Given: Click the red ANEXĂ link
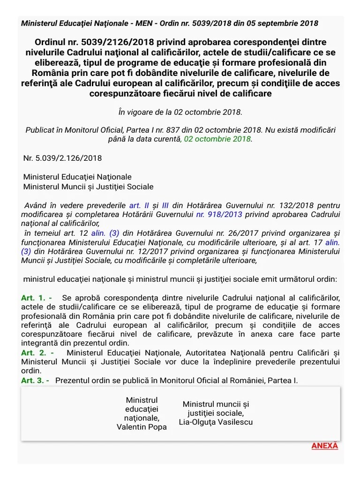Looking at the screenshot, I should (x=324, y=445).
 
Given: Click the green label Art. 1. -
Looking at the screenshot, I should (x=37, y=298).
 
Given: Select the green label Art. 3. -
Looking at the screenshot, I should (x=35, y=380).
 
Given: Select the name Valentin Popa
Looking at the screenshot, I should (x=142, y=427).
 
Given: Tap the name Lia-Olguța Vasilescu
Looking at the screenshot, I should (x=216, y=421).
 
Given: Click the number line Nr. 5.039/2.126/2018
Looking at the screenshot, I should (x=62, y=158).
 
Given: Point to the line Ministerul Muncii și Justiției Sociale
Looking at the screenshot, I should (x=88, y=186).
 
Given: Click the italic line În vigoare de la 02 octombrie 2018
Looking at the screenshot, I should (x=180, y=112).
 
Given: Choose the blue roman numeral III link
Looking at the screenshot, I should (x=165, y=205).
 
